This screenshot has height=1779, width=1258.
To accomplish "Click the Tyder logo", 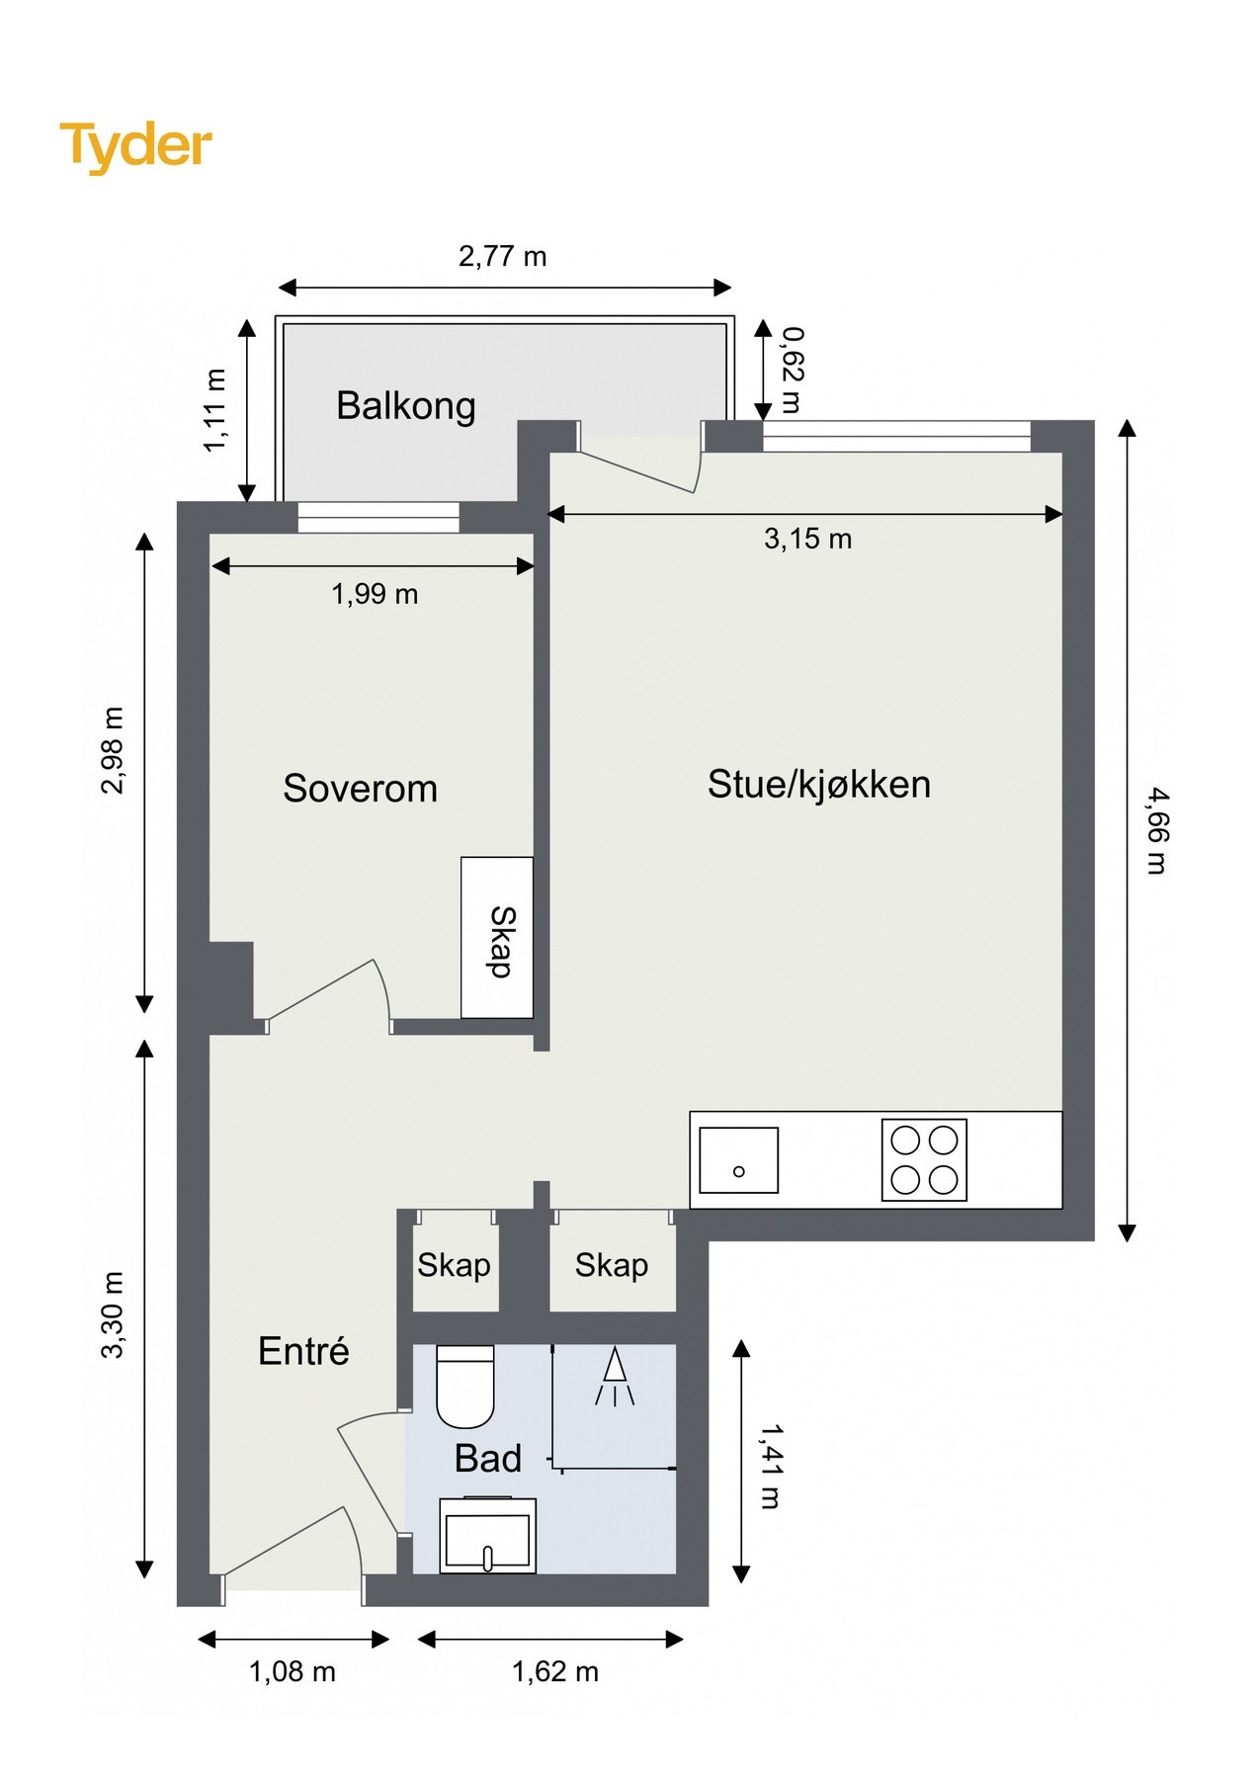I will (135, 145).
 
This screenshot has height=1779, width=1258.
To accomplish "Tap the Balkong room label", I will (405, 406).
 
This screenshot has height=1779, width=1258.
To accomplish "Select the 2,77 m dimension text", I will (502, 257).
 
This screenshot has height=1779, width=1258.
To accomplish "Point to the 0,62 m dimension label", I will (791, 370).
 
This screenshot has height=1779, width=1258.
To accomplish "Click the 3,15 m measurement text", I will (807, 539).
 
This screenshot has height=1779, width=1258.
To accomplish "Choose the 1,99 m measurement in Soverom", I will (375, 594).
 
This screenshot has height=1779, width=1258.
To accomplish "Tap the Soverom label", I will (360, 789).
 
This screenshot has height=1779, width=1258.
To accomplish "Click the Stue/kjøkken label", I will (818, 785).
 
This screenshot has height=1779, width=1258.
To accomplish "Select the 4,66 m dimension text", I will (1156, 830).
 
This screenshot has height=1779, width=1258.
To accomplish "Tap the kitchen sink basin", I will (738, 1160).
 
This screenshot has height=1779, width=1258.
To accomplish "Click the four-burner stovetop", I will (924, 1160).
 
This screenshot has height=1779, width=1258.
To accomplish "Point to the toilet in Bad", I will (464, 1386).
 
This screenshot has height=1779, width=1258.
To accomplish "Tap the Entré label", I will (303, 1351).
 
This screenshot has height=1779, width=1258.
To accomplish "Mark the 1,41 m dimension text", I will (770, 1466).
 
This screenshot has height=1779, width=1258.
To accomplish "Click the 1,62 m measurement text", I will (554, 1672).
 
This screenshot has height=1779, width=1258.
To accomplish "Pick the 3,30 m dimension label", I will (114, 1314).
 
